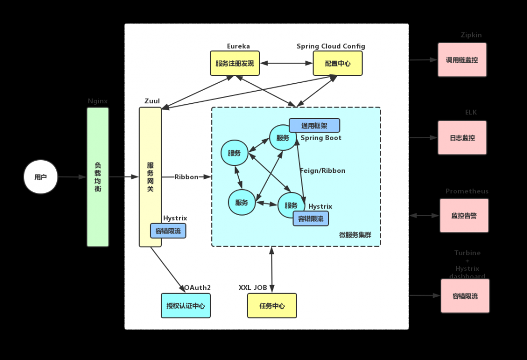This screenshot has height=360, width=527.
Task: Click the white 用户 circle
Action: pos(41,177)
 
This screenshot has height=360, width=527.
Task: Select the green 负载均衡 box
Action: pos(97,177)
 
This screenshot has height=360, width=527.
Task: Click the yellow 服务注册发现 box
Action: pos(235,63)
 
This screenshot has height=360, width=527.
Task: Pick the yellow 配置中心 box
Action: pos(338,63)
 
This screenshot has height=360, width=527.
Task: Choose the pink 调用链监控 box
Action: pos(462,60)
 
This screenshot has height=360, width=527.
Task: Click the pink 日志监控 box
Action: pos(462,138)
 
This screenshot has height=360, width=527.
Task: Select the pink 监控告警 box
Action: pos(464,216)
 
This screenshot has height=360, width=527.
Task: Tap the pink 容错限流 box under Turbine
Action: pos(465,296)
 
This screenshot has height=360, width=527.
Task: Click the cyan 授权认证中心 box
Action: pos(186,306)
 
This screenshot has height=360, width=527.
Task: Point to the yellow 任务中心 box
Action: pos(272,306)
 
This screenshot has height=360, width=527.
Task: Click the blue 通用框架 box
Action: pos(314,125)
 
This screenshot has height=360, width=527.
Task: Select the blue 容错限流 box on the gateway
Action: pos(168,231)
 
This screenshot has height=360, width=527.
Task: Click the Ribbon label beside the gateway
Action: pos(187,177)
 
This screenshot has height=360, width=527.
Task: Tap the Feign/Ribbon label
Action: pos(323,171)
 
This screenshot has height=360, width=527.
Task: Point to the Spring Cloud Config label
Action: pos(330,46)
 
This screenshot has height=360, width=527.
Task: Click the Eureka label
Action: pos(238,46)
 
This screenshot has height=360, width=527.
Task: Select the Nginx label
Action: pos(97,101)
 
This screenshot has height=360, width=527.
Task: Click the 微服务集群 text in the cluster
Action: pos(355,235)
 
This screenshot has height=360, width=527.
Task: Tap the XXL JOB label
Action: pos(253,288)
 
